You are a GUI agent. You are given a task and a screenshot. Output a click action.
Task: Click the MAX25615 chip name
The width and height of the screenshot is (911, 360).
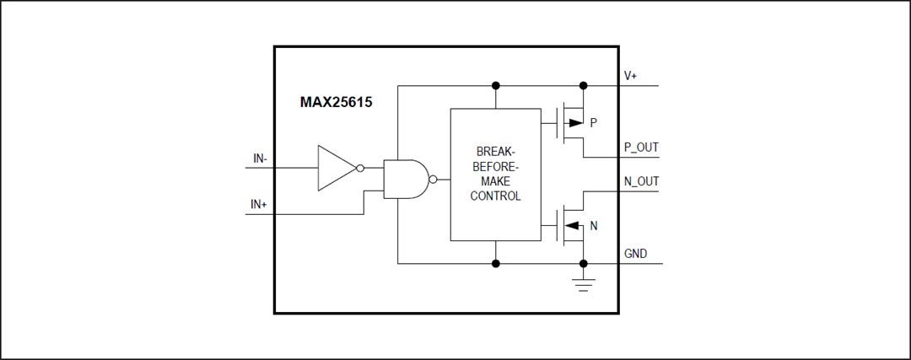coord(337,103)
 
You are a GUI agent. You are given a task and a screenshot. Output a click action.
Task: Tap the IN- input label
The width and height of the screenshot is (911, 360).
coord(260,158)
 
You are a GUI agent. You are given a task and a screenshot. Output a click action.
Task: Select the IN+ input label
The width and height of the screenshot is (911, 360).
coord(260,206)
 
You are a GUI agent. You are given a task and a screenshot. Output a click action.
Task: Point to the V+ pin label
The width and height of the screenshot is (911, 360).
coord(630,76)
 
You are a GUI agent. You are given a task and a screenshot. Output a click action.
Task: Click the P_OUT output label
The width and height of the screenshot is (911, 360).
coord(641,148)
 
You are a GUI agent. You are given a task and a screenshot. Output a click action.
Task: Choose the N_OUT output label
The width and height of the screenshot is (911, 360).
coord(641,181)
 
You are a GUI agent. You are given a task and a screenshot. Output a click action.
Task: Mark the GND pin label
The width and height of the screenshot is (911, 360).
coord(635,254)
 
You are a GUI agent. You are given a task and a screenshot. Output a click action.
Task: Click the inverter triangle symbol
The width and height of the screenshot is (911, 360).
coord(335,167)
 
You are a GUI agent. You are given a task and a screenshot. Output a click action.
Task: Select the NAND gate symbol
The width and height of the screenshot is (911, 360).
coord(404,179)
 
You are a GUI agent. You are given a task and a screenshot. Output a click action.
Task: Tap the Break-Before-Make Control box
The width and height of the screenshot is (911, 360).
coord(495,174)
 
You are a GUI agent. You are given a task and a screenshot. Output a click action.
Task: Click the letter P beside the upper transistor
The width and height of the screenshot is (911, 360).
coord(594,123)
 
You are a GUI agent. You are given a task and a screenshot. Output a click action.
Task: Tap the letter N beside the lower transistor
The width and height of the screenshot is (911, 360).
coord(594,225)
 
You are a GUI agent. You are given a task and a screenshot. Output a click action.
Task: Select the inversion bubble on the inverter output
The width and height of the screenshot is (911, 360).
coord(360,167)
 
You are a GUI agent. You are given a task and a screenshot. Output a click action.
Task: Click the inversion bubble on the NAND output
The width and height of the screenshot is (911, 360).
coord(433,179)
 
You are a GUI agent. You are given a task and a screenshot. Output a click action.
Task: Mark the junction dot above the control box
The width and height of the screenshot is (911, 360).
coord(496,86)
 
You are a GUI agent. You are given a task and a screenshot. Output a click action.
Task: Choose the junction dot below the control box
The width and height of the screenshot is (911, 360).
coord(496,263)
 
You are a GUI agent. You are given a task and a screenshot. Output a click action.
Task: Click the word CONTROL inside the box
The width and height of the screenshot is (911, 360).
coord(495,196)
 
